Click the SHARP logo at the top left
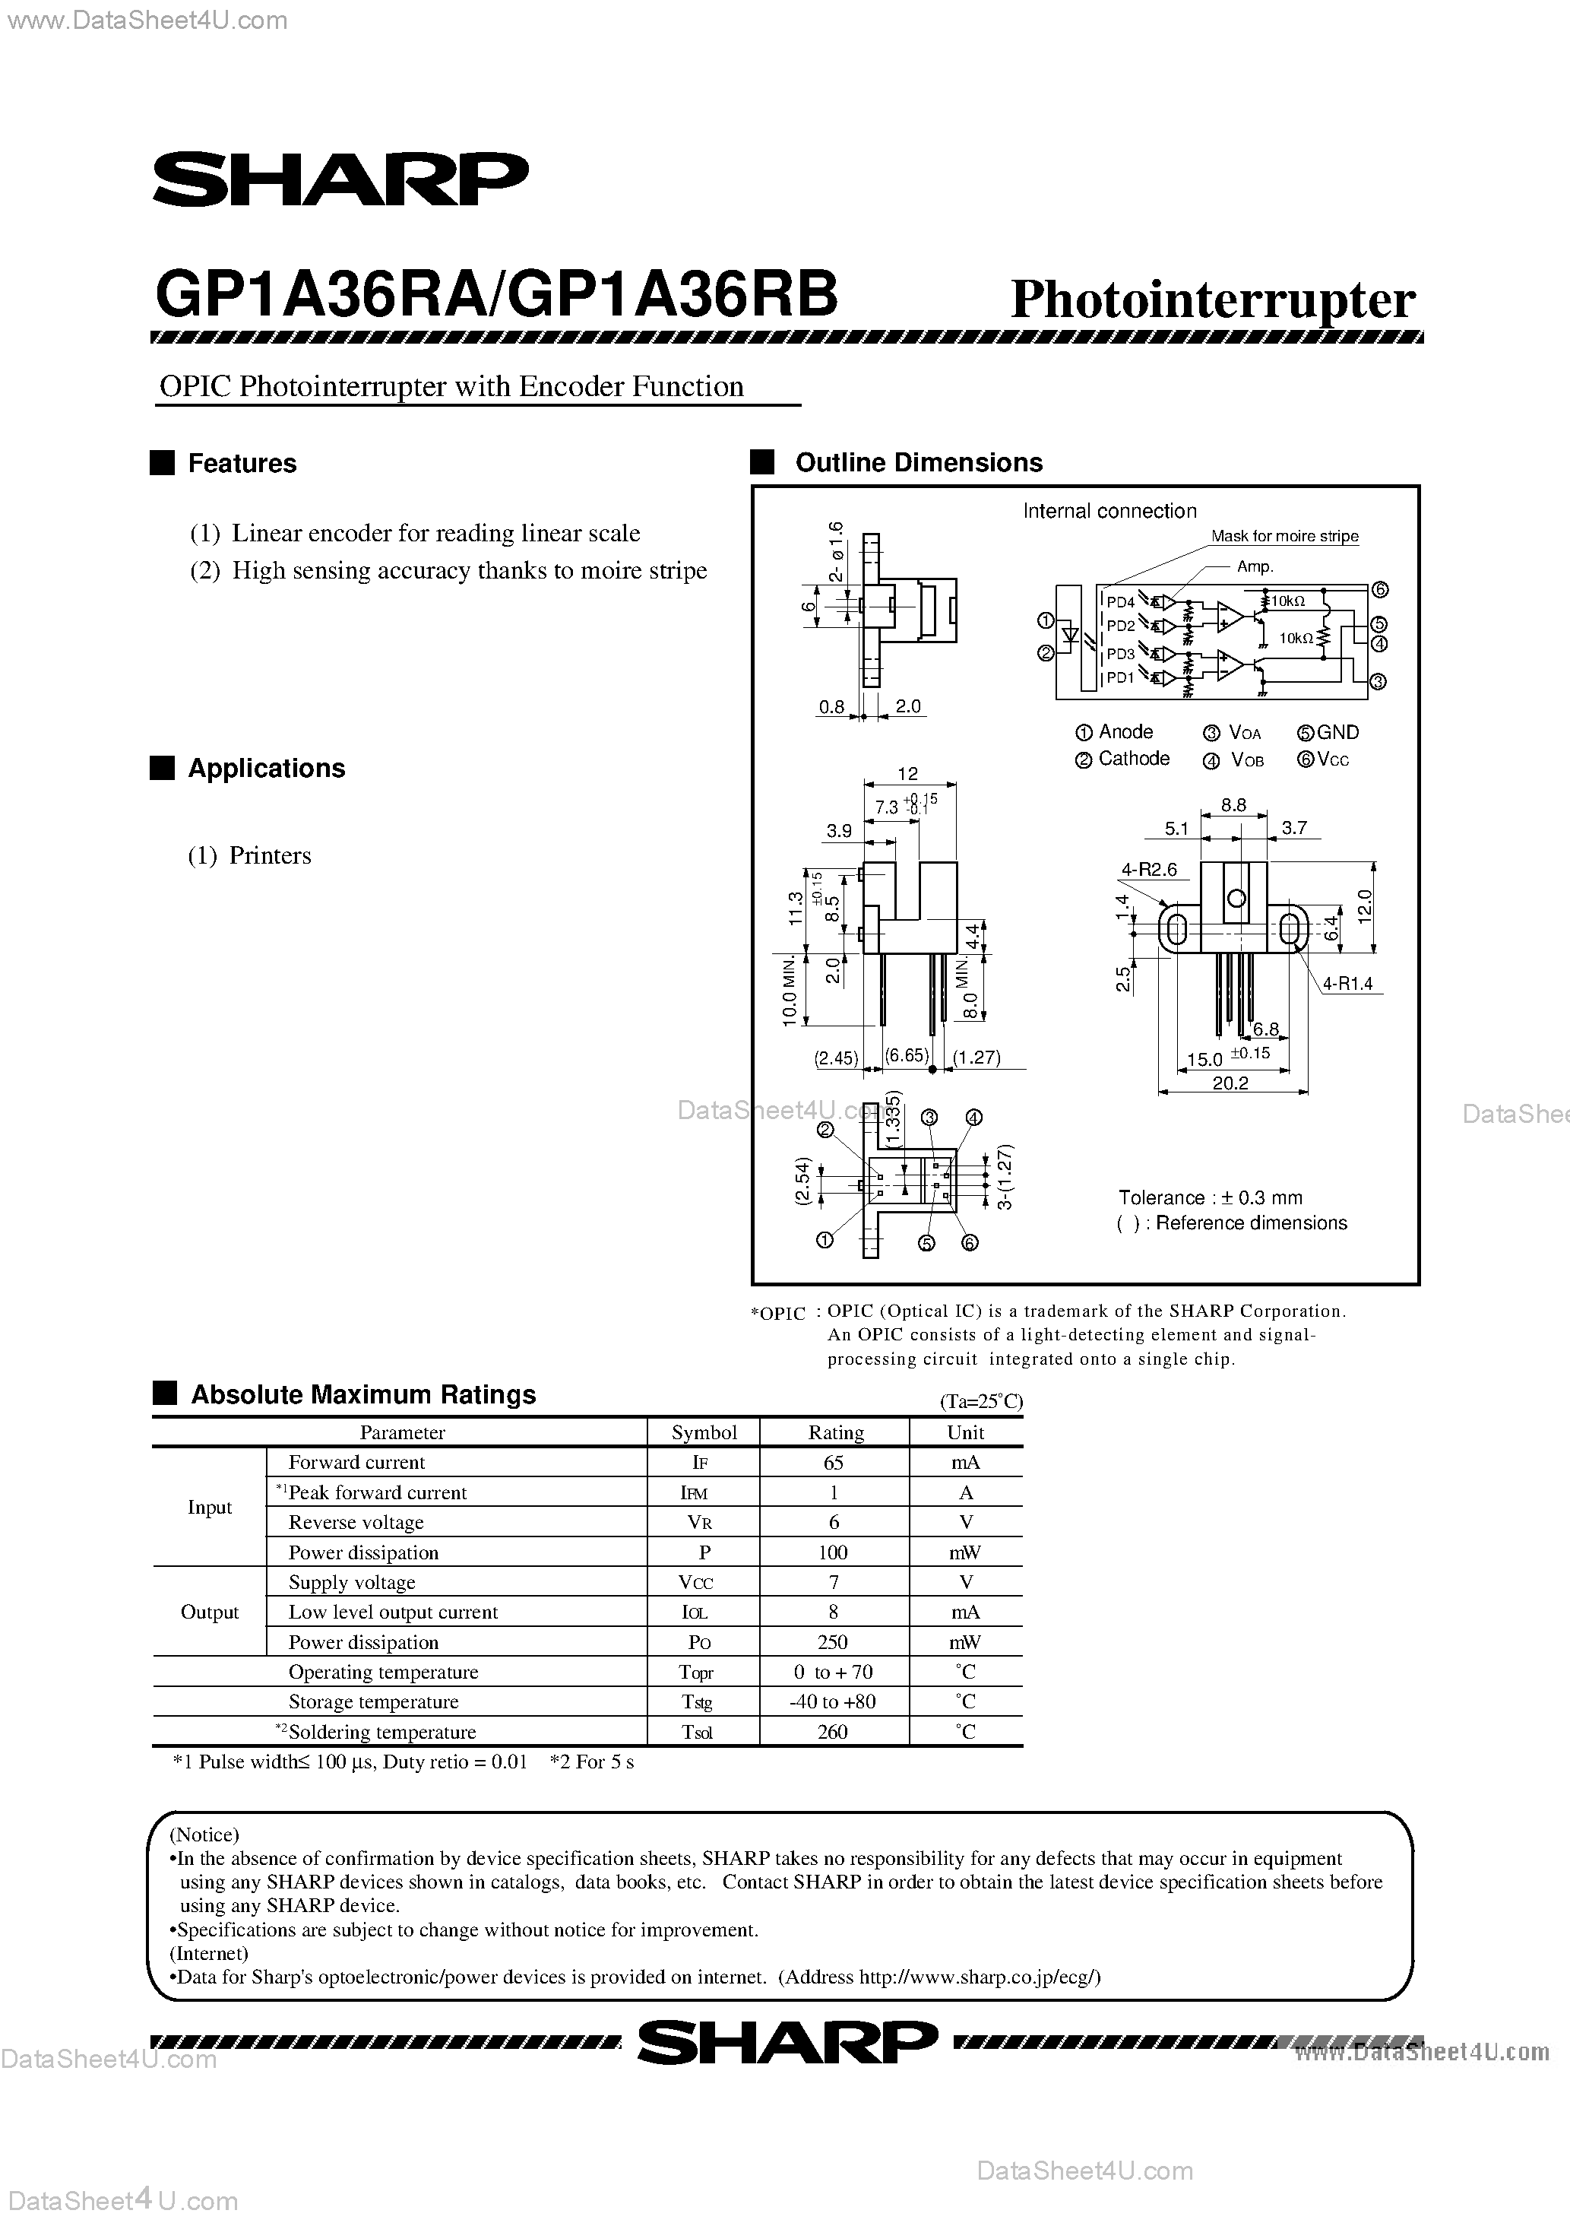coord(340,179)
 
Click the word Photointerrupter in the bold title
coord(1213,300)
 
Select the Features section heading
coord(242,464)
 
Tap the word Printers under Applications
coord(270,856)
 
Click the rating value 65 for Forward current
coord(834,1462)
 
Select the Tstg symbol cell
coord(704,1701)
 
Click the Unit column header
coord(965,1432)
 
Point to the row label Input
coord(209,1508)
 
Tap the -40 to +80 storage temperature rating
coord(834,1701)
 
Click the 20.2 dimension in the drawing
coord(1230,1083)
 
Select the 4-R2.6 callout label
coord(1149,870)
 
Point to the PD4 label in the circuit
coord(1120,602)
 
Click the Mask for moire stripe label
coord(1284,537)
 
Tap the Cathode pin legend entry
coord(1132,759)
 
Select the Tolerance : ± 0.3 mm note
coord(1210,1197)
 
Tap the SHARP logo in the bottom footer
coord(786,2043)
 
